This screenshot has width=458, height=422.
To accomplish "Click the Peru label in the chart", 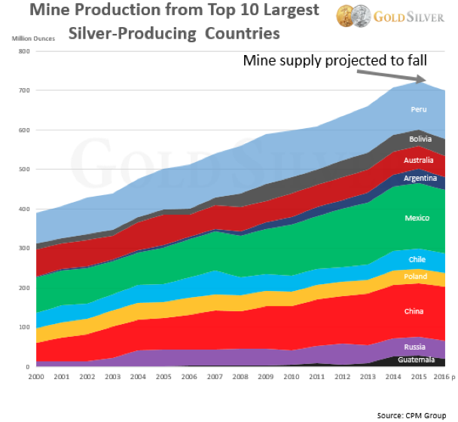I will [420, 110].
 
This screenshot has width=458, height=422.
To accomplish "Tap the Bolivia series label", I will [420, 139].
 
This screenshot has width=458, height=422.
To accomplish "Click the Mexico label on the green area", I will [417, 219].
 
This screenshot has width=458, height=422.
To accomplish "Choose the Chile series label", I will [417, 259].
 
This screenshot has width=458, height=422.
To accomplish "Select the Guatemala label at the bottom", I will [417, 360].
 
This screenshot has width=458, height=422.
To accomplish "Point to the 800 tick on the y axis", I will [23, 52].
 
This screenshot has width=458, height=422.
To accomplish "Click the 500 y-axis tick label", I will [23, 170].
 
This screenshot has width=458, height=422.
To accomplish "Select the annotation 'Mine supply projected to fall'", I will [334, 61].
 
